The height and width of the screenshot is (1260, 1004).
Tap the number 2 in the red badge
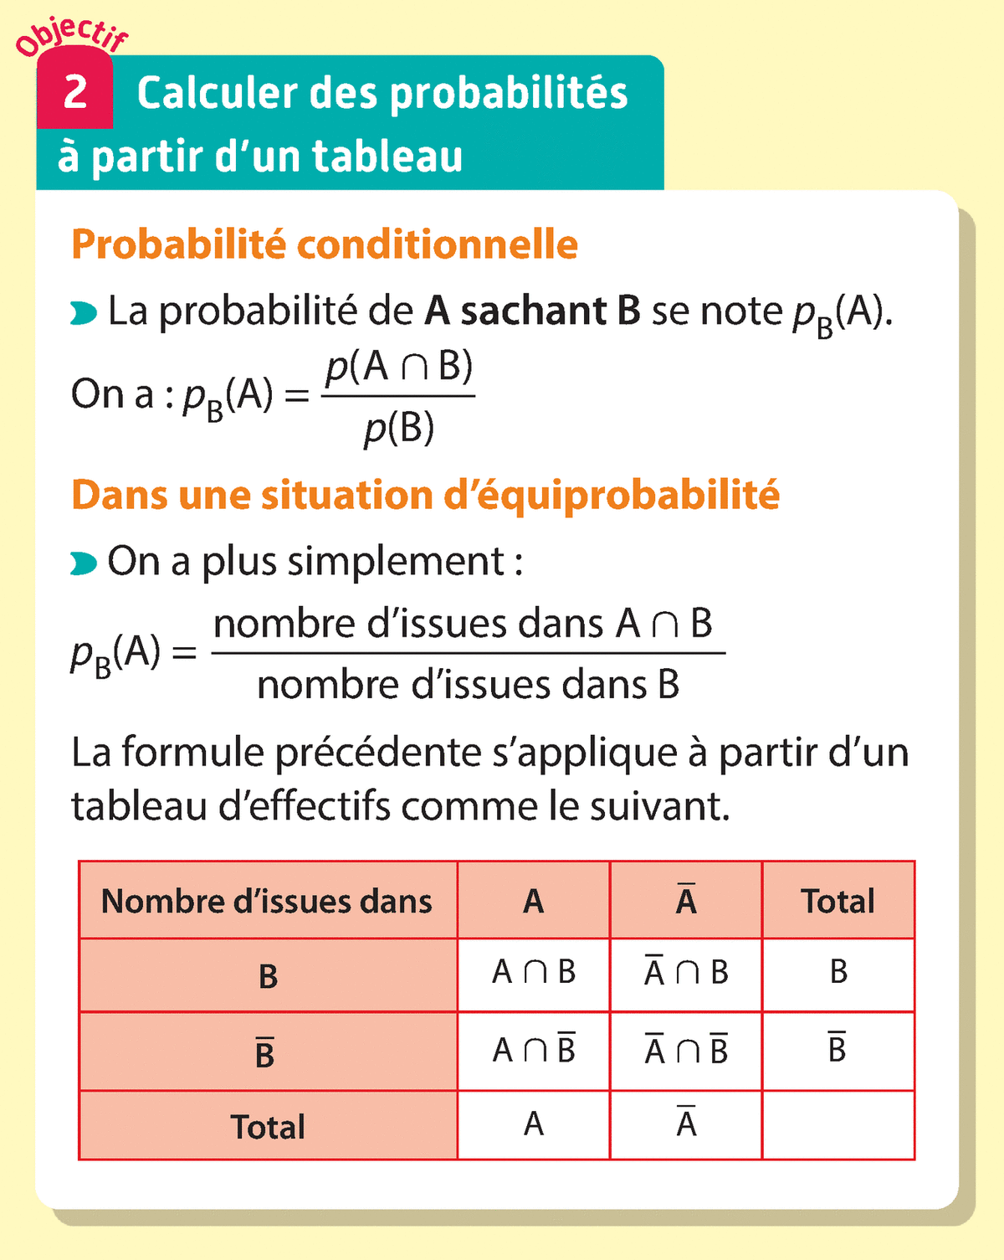coord(75,92)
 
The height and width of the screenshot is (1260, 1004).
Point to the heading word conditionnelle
coord(437,244)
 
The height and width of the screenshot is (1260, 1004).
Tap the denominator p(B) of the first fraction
coord(399,428)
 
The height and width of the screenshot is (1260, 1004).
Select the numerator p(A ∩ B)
coord(399,366)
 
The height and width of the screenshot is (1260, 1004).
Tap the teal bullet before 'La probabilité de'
coord(84,314)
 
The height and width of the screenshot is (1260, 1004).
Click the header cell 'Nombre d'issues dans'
coord(268,901)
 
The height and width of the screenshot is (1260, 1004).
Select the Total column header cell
coord(838,901)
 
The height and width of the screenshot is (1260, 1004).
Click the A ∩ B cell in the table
coord(534,973)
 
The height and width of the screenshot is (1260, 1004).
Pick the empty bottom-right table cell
coord(838,1125)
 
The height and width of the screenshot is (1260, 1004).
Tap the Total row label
coord(268,1127)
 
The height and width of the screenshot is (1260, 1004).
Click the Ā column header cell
coord(686,901)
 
